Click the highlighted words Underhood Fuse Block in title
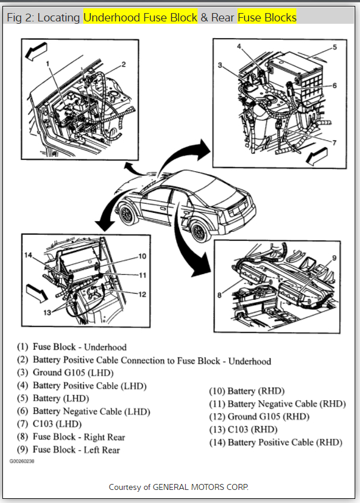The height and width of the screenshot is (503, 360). [x=140, y=17]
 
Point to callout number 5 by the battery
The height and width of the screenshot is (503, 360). [x=334, y=47]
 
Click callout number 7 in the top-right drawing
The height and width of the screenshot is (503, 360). [x=334, y=143]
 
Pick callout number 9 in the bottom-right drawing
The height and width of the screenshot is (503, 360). [x=334, y=257]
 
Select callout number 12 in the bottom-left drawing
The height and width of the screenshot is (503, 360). [x=142, y=294]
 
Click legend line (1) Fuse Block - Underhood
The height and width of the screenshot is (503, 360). [x=72, y=347]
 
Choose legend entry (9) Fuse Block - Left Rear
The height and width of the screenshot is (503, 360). [x=68, y=450]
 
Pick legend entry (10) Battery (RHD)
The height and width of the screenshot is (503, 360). [x=246, y=391]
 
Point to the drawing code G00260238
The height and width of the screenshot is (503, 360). [x=21, y=461]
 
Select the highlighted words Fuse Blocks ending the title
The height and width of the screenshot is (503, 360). [x=267, y=17]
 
